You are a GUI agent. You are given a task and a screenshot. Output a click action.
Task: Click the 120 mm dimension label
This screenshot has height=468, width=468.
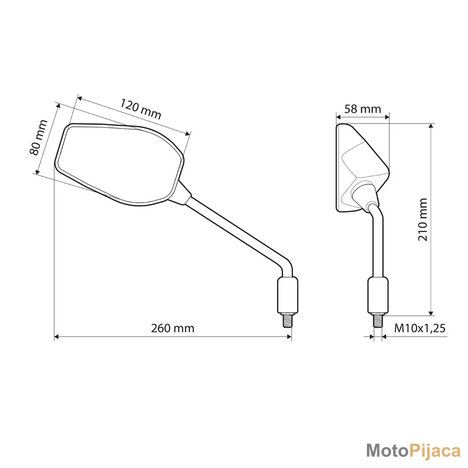(140, 109)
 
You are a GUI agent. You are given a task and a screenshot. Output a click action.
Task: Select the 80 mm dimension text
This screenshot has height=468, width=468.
(38, 137)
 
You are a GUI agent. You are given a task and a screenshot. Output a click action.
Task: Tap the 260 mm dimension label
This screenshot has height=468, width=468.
(173, 329)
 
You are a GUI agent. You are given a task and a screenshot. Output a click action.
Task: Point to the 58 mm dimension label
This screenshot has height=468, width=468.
(363, 109)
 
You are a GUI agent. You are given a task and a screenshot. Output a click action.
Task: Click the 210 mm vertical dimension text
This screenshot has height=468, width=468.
(423, 219)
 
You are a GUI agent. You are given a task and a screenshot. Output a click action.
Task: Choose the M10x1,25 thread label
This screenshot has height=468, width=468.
(420, 329)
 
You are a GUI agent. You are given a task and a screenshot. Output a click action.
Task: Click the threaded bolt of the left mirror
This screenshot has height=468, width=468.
(287, 321)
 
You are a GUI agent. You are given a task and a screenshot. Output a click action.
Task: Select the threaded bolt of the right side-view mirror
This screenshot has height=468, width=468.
(378, 321)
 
